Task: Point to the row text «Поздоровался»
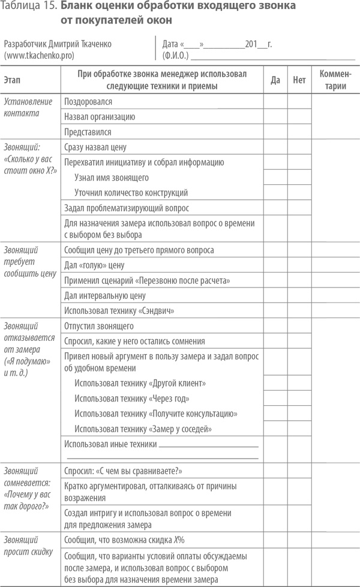[88, 102]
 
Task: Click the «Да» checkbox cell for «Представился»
[275, 131]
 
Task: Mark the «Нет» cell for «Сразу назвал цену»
[299, 147]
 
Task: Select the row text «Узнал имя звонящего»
[112, 178]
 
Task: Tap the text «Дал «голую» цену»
[94, 265]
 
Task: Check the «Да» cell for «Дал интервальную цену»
[275, 295]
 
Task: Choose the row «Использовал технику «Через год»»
[132, 399]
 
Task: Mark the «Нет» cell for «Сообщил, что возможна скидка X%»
[299, 539]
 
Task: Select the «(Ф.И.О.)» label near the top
[176, 55]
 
